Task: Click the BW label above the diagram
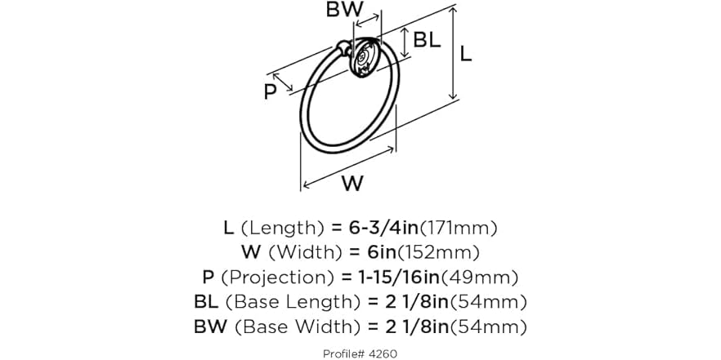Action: point(345,9)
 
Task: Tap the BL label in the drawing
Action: point(427,40)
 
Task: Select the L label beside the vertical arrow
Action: point(466,56)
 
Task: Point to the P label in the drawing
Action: point(271,92)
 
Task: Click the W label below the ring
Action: point(352,184)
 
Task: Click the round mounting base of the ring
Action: point(365,58)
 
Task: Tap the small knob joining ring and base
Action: point(343,47)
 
